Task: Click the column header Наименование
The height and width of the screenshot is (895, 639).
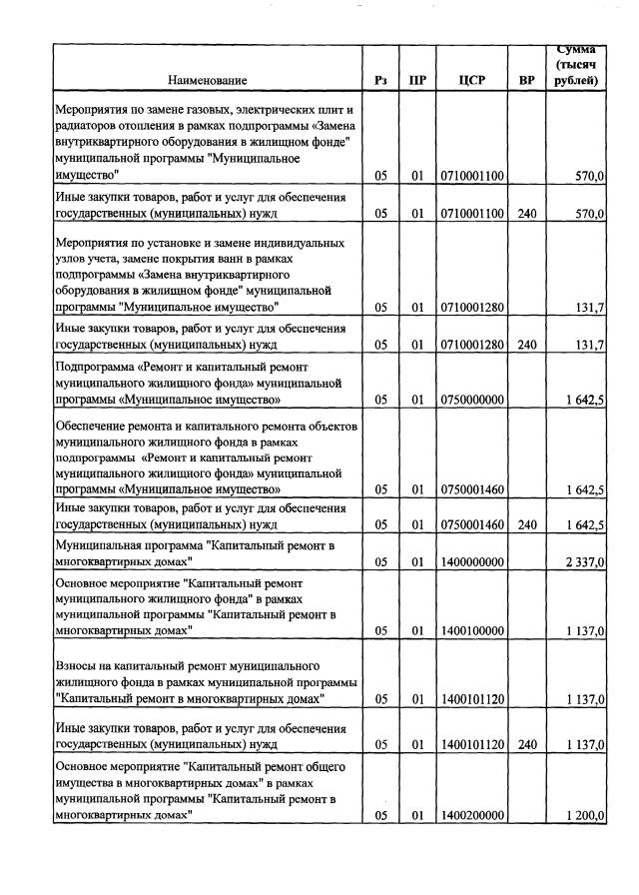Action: point(207,80)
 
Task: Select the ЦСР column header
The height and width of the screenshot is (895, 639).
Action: point(471,80)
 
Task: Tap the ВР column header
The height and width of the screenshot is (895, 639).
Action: point(527,80)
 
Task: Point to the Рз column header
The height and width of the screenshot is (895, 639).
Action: point(380,80)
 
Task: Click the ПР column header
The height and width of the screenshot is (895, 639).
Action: point(417,80)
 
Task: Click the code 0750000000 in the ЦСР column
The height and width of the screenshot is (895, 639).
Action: point(471,400)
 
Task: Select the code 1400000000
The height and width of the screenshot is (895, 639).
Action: point(471,562)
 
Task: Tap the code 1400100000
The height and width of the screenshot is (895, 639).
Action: point(471,630)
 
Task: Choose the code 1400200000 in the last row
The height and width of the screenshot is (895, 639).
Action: point(471,815)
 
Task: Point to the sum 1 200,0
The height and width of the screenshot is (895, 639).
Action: point(583,815)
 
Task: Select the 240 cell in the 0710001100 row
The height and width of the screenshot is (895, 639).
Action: point(527,214)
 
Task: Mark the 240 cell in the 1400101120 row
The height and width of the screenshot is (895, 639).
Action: point(527,744)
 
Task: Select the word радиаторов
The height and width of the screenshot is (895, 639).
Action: point(88,125)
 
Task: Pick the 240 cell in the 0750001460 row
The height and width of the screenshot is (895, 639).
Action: point(527,523)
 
